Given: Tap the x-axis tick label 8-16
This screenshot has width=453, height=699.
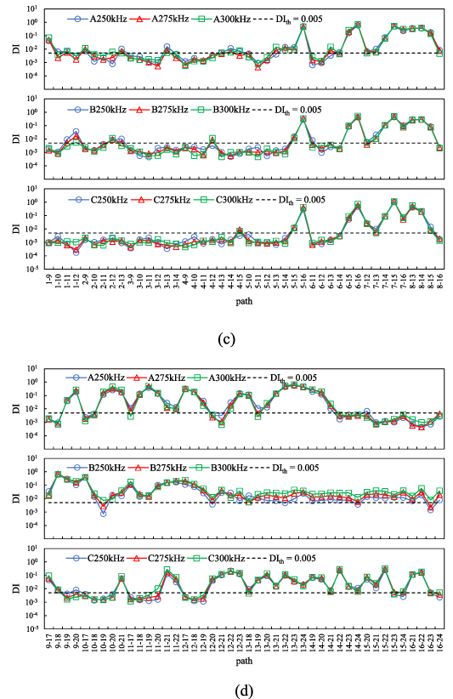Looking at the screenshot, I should pos(439,276).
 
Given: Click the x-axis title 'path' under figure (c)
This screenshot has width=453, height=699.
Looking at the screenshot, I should pos(244,301).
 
